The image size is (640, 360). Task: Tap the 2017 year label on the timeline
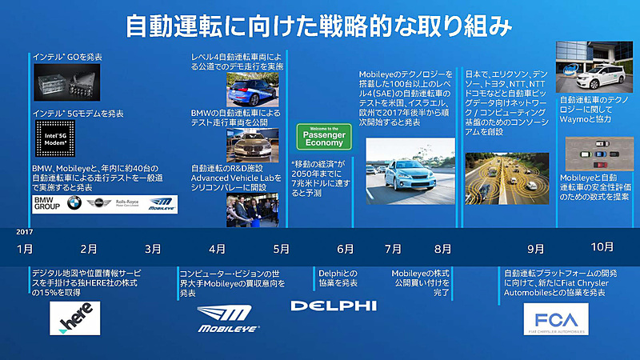click(24, 232)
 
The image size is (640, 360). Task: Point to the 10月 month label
click(602, 246)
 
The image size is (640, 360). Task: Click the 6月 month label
click(346, 249)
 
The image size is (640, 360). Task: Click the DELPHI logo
click(333, 305)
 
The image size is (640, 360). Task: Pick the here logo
click(76, 318)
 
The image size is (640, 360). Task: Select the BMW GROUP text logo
click(47, 204)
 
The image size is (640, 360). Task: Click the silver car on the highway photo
click(409, 165)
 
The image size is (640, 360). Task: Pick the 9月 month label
click(536, 249)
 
